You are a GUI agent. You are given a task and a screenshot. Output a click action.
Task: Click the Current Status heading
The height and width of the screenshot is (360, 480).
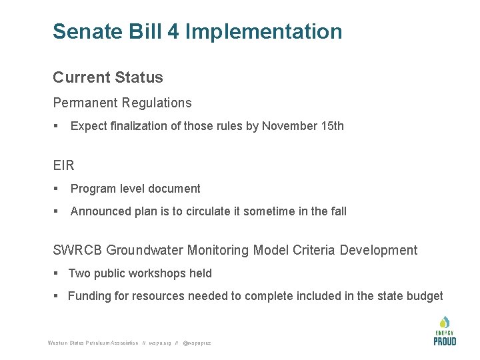[108, 77]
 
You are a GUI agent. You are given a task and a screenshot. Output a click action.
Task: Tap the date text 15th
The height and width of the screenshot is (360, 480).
[333, 126]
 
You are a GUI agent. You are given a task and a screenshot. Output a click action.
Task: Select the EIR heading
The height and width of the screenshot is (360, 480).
[63, 165]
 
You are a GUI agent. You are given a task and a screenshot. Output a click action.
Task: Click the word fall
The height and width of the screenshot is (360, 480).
[338, 211]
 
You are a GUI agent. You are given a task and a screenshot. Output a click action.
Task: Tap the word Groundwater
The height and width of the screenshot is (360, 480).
[145, 251]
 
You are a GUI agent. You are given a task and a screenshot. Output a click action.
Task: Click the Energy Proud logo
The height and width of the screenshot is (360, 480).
[445, 331]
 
